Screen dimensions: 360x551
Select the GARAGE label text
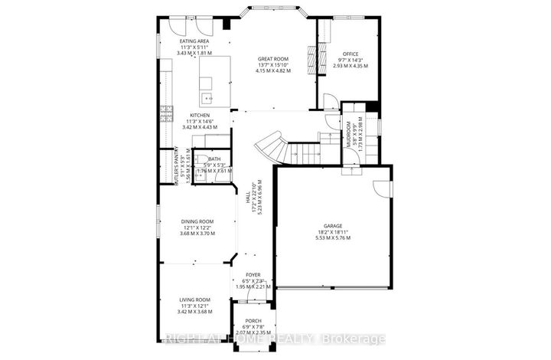(332, 227)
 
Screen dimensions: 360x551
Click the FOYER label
(253, 274)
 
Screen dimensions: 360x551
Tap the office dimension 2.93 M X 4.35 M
(350, 67)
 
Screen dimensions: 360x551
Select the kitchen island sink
(207, 98)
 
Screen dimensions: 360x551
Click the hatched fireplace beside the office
(311, 58)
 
